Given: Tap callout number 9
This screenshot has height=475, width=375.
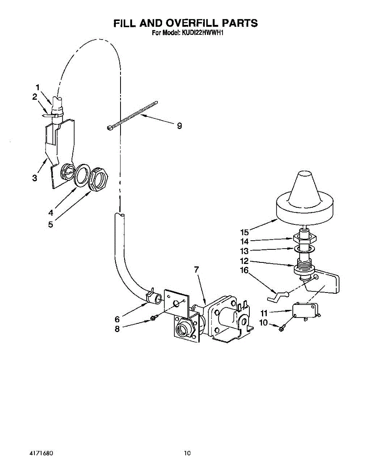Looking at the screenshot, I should [179, 126].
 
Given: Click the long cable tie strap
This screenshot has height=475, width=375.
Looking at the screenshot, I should [132, 115].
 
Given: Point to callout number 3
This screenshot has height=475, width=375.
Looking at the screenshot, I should [35, 178].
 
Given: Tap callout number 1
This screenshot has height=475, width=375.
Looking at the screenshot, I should [38, 87].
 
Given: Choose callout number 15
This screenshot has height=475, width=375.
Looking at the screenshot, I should [245, 232].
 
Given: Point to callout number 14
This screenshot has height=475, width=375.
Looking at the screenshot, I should [245, 241].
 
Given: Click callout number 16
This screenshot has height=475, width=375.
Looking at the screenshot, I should [245, 270].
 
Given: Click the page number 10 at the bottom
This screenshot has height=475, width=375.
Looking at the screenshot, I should [187, 453].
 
